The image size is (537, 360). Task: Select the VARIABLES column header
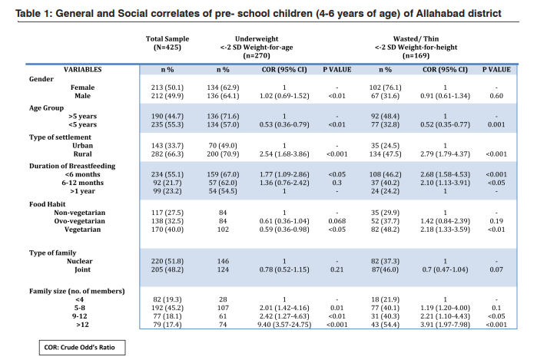point(82,70)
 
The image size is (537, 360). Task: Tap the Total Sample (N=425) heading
point(167,43)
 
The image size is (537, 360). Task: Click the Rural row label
point(82,154)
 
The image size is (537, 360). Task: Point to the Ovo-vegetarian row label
point(79,221)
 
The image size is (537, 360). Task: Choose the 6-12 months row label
point(82,183)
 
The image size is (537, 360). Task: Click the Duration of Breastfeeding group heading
point(72,166)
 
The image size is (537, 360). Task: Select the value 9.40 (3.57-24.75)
point(284,325)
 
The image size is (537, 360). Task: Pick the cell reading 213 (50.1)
point(167,88)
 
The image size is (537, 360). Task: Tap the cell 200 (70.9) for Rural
point(223,154)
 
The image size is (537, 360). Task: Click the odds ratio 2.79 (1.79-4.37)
point(446,154)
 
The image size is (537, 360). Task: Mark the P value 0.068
point(337,221)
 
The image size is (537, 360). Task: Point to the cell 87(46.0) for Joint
point(385,269)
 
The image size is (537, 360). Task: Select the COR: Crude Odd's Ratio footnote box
point(82,348)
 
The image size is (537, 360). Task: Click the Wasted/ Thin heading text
point(416,39)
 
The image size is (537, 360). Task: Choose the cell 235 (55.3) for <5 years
point(167,124)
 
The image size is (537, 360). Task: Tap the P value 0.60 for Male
point(496,96)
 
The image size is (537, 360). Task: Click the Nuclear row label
point(79,261)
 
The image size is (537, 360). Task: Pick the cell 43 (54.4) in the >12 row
point(385,325)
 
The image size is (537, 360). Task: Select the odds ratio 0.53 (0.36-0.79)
point(284,124)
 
